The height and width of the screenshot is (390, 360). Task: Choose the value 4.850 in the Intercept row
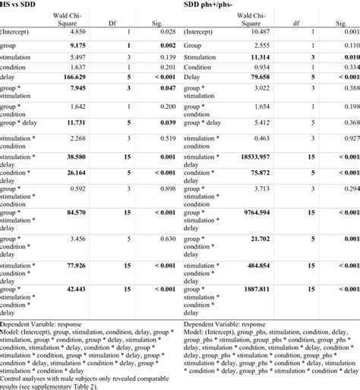pos(81,31)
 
